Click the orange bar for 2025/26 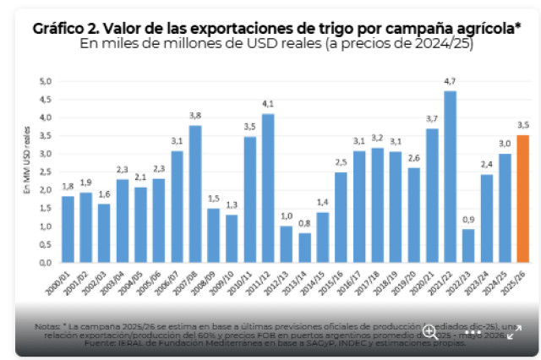pos(524,199)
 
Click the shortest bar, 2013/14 pos(305,248)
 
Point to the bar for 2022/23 pos(468,246)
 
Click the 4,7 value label pos(450,81)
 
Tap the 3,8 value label pos(195,116)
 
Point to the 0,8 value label pos(305,223)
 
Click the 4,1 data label pos(268,104)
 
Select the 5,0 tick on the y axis pos(46,81)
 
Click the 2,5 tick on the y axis pos(46,172)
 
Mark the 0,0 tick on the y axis pos(46,262)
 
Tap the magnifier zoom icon pos(430,330)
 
